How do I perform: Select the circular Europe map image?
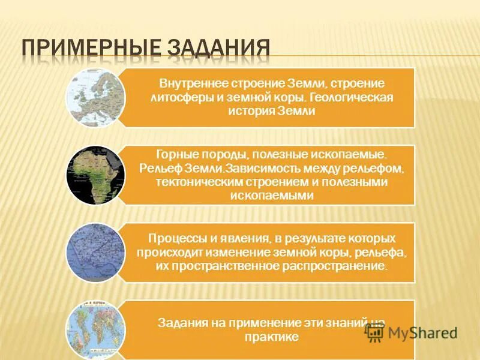[95, 98]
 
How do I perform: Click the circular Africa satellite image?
[95, 175]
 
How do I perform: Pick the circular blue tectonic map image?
[95, 253]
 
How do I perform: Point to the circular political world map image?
[95, 328]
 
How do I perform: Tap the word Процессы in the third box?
[169, 238]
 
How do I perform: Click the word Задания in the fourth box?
[179, 323]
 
